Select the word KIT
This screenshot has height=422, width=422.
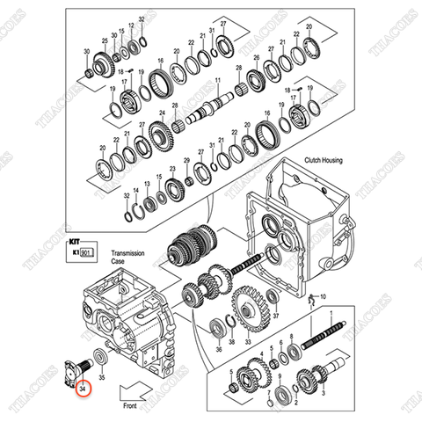pyautogui.click(x=73, y=237)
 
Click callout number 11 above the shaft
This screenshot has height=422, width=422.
pyautogui.click(x=215, y=79)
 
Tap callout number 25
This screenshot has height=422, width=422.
pyautogui.click(x=105, y=41)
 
